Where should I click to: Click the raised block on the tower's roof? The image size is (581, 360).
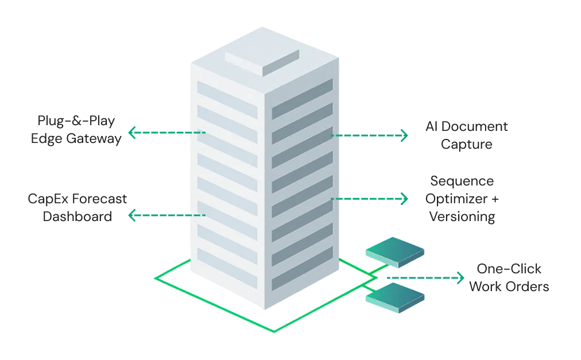(262, 59)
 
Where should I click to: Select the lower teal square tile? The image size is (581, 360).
(395, 300)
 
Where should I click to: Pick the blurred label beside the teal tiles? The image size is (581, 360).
(510, 278)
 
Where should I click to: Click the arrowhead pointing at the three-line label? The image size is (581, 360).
(405, 199)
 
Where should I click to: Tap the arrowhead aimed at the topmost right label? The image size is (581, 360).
(405, 136)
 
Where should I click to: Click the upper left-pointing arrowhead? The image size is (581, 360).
(131, 133)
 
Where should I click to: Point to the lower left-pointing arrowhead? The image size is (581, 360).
(131, 216)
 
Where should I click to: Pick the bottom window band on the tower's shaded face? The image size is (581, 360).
(302, 275)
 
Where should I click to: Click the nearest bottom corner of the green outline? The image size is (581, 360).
(274, 331)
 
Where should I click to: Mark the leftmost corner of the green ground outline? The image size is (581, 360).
(156, 278)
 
